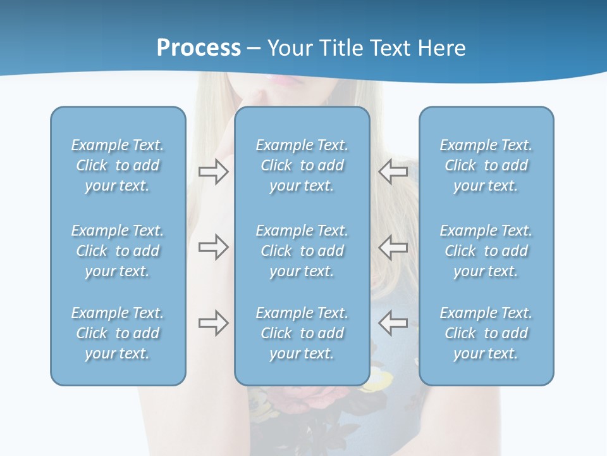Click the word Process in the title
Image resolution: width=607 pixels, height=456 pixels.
[199, 48]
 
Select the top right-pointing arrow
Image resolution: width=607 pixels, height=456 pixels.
[213, 172]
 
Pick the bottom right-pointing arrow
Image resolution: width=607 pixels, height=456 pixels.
[213, 323]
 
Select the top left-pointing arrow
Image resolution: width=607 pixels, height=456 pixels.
[393, 172]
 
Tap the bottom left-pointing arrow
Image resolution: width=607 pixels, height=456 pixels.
[393, 323]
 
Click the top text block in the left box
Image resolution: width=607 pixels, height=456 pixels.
[118, 165]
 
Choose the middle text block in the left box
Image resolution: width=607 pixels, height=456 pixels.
[118, 251]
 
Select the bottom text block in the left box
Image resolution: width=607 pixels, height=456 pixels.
[118, 333]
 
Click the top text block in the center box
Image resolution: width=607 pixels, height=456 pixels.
[302, 165]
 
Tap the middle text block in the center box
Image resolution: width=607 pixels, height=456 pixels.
[302, 251]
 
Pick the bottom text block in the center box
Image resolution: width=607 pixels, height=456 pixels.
[302, 333]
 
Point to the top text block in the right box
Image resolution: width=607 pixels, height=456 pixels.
[486, 165]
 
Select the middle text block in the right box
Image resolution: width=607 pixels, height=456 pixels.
[486, 251]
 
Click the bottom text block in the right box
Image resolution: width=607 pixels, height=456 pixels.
[486, 333]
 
